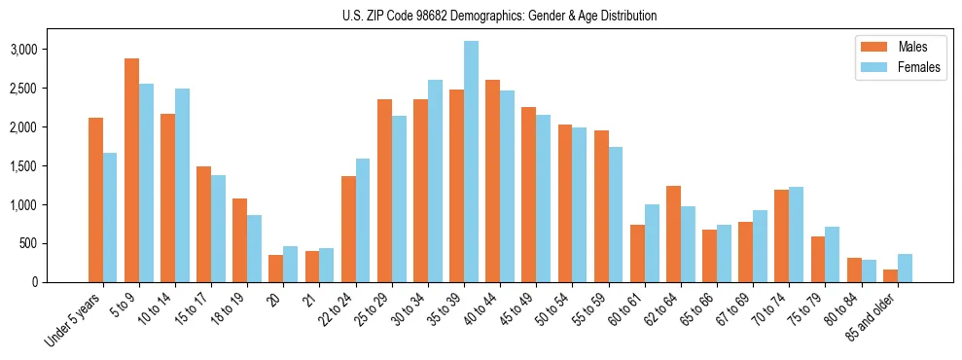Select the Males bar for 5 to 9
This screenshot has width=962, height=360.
(x=131, y=170)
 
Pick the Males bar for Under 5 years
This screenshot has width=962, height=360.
(x=95, y=199)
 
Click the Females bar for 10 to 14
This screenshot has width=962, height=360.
(x=182, y=185)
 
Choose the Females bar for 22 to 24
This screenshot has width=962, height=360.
(x=363, y=220)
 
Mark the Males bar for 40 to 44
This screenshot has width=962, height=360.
(x=493, y=181)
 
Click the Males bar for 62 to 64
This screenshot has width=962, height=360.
(x=673, y=234)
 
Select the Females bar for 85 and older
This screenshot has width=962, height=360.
(x=905, y=269)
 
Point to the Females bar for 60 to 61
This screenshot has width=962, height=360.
(x=652, y=243)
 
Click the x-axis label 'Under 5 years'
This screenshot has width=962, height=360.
(x=72, y=323)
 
